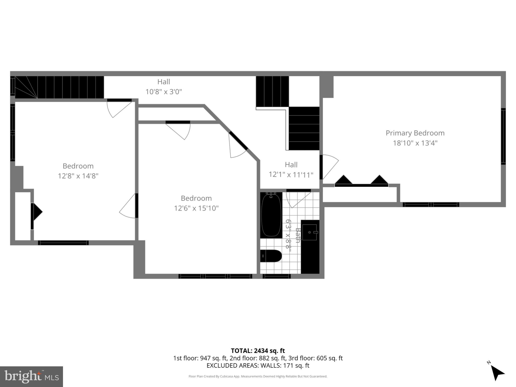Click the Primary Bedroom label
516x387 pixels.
pyautogui.click(x=415, y=133)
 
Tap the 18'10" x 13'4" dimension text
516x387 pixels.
pyautogui.click(x=415, y=143)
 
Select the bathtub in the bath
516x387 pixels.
pyautogui.click(x=271, y=215)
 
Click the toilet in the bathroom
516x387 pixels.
pyautogui.click(x=271, y=256)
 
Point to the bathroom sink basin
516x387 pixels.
pyautogui.click(x=309, y=232)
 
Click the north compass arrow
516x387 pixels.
pyautogui.click(x=497, y=373)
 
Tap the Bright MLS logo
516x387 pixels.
pyautogui.click(x=31, y=376)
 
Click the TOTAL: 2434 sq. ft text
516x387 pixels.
pyautogui.click(x=258, y=351)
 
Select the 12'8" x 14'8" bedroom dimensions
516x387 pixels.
pyautogui.click(x=78, y=176)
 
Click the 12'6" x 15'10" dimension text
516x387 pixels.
pyautogui.click(x=196, y=208)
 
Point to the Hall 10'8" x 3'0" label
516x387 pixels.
pyautogui.click(x=164, y=87)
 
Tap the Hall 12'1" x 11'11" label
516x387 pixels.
pyautogui.click(x=291, y=170)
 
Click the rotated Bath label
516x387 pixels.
pyautogui.click(x=298, y=235)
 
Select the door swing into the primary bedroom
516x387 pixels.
pyautogui.click(x=330, y=166)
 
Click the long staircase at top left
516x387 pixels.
pyautogui.click(x=59, y=87)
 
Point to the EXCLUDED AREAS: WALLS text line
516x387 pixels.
pyautogui.click(x=258, y=365)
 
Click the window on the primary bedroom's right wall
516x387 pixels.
pyautogui.click(x=503, y=136)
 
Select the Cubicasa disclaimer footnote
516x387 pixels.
pyautogui.click(x=258, y=376)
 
